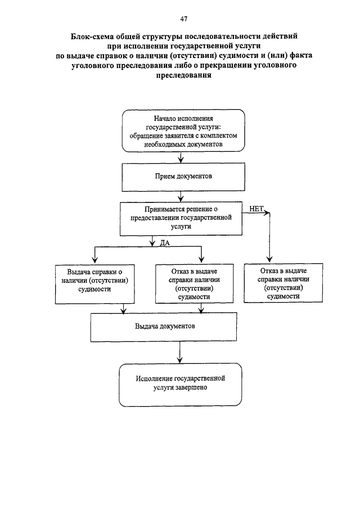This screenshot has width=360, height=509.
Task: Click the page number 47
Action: (x=183, y=19)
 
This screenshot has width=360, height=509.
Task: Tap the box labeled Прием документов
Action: (x=183, y=177)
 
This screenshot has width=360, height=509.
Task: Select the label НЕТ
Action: (x=256, y=209)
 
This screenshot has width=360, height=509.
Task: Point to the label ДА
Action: (x=165, y=243)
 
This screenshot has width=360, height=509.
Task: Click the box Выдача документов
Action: (x=164, y=327)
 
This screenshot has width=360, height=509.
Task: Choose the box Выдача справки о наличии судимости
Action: (x=95, y=285)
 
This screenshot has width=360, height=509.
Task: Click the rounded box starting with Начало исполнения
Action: (x=183, y=130)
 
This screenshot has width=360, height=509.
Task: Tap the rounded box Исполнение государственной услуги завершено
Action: (x=181, y=385)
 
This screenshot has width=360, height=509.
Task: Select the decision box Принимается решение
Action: (x=181, y=219)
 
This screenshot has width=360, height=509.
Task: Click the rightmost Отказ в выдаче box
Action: (x=283, y=283)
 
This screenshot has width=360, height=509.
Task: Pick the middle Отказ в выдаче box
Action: (x=195, y=284)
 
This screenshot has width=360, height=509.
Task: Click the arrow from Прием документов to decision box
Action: (x=181, y=197)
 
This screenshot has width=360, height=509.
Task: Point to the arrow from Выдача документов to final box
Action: (x=180, y=352)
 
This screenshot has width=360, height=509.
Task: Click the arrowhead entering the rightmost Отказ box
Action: (x=269, y=260)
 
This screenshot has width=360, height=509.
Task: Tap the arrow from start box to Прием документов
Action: (x=181, y=157)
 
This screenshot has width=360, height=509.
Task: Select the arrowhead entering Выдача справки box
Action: (x=95, y=260)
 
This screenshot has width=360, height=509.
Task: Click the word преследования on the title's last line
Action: (x=184, y=75)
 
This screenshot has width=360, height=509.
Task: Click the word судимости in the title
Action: (x=238, y=56)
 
